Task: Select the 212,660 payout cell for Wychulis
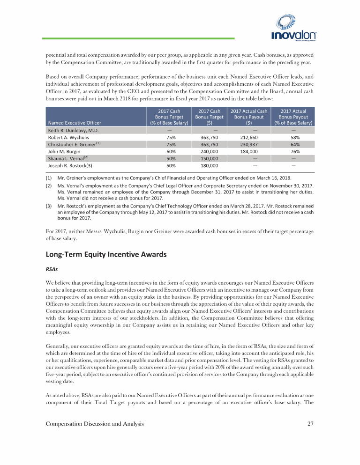tap(249, 138)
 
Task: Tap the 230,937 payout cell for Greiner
tap(249, 145)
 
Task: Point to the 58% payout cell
tap(293, 138)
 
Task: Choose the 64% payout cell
tap(293, 145)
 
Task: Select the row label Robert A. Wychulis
tap(69, 138)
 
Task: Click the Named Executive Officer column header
tap(75, 123)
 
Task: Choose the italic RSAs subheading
tap(52, 270)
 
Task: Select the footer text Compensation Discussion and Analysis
tap(95, 424)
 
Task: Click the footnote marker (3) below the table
tap(48, 206)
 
